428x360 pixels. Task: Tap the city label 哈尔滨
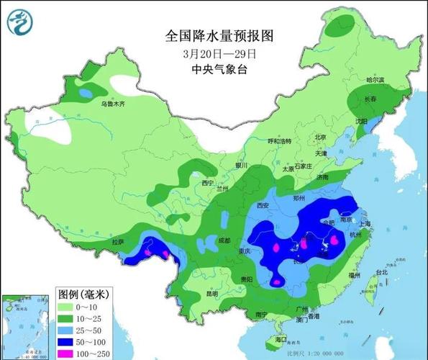coord(375,80)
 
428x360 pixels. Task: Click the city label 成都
coord(224,239)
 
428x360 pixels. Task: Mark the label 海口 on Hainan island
coord(281,339)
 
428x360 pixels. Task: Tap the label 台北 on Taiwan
coord(383,273)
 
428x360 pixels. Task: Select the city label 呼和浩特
coord(279,141)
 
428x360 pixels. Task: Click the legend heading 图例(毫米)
coord(82,294)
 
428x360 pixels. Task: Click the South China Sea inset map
coord(27,324)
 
